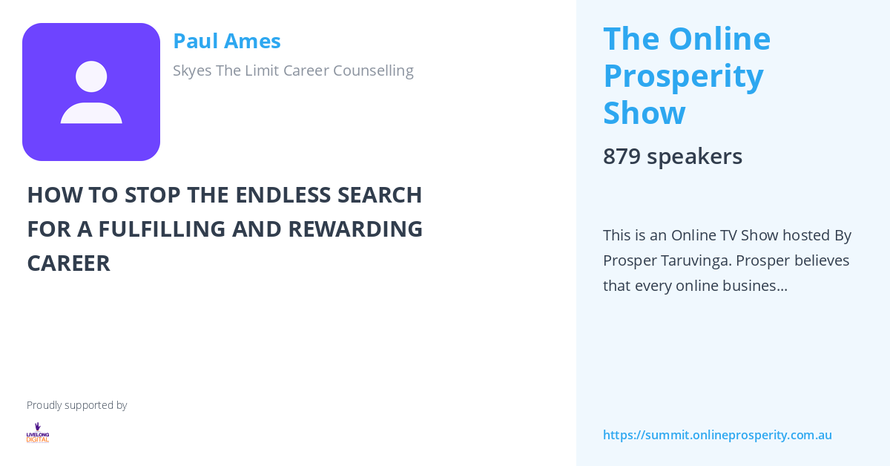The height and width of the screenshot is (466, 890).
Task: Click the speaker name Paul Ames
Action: pyautogui.click(x=226, y=41)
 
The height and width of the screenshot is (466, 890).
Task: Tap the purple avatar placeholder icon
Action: pyautogui.click(x=91, y=92)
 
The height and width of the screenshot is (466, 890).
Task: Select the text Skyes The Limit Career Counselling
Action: pyautogui.click(x=293, y=70)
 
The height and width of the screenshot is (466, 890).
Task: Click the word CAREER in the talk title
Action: pyautogui.click(x=68, y=263)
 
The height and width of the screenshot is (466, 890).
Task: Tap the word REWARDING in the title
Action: pyautogui.click(x=355, y=229)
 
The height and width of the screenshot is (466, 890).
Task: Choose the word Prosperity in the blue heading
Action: pyautogui.click(x=683, y=76)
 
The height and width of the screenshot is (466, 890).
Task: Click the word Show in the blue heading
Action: pyautogui.click(x=644, y=113)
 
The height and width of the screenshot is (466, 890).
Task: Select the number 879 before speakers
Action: pyautogui.click(x=622, y=157)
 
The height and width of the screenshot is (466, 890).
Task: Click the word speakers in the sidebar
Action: pyautogui.click(x=694, y=157)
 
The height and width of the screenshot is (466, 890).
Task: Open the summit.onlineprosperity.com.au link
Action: pyautogui.click(x=717, y=435)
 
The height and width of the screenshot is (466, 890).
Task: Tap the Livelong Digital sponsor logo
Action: pyautogui.click(x=38, y=433)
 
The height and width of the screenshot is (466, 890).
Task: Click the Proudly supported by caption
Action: pyautogui.click(x=76, y=405)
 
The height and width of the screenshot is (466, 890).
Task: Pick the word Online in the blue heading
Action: pyautogui.click(x=719, y=39)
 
